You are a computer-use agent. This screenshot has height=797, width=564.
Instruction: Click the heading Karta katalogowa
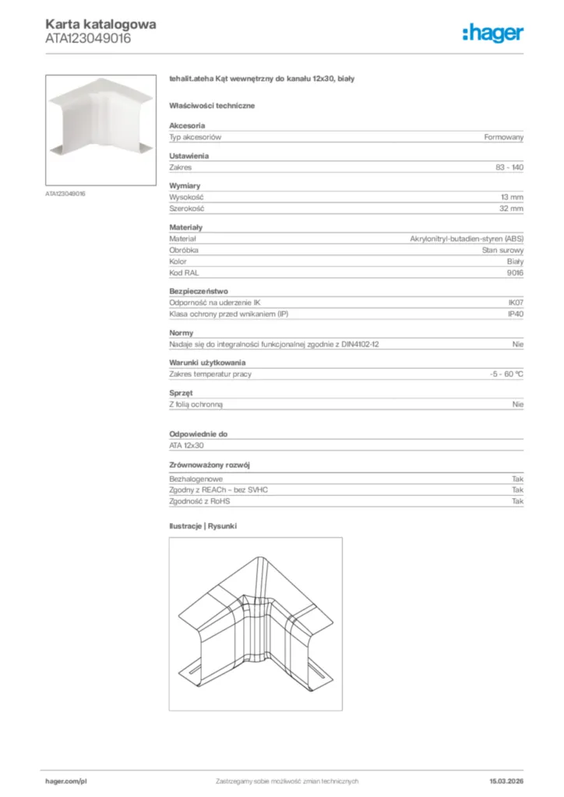pos(100,24)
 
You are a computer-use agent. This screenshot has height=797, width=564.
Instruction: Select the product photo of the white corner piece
pos(100,129)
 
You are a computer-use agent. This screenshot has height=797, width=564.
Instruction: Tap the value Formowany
pos(503,137)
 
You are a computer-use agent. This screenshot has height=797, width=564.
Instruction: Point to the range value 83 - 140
pos(509,167)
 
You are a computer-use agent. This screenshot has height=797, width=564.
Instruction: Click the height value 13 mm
pos(512,198)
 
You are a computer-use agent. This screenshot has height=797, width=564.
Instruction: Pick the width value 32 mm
pos(512,209)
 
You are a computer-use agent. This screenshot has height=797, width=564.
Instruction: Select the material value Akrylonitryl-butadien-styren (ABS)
pos(467,239)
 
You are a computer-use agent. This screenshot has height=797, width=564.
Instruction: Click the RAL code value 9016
pos(515,272)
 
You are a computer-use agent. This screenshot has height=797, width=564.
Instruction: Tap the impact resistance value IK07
pos(515,303)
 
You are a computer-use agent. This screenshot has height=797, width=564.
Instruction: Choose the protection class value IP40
pos(515,314)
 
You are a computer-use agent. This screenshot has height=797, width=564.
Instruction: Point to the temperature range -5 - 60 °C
pos(501,374)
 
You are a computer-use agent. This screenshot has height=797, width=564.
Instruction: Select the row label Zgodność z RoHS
pos(199,501)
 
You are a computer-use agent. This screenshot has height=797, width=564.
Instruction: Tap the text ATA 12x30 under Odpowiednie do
pos(186,445)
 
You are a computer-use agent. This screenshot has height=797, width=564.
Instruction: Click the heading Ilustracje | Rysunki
pos(203,526)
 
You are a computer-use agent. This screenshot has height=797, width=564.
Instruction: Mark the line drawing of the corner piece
pos(256,623)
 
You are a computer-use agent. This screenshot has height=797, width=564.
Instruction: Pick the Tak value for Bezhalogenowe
pos(517,479)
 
